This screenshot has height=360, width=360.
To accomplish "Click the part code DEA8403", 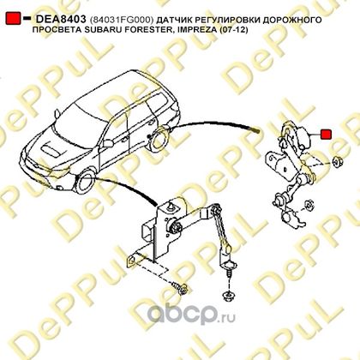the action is (x=61, y=19).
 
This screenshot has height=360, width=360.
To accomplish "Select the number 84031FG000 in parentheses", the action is (x=122, y=20).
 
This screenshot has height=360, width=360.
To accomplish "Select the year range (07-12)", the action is (x=229, y=30).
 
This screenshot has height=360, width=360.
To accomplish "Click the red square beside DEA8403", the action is (x=13, y=18).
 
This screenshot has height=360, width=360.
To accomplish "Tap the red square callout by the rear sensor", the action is (x=326, y=134).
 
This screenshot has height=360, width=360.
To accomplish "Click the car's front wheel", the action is (x=85, y=183).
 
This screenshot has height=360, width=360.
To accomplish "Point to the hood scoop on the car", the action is (x=51, y=149).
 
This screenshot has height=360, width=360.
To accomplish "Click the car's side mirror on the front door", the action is (x=108, y=143).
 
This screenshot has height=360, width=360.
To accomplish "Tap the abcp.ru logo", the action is (x=191, y=314).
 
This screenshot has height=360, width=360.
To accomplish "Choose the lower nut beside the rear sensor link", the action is (x=309, y=205).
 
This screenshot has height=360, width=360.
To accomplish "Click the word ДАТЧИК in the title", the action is (x=175, y=20).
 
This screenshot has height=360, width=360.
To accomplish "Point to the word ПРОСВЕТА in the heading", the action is (x=57, y=29).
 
